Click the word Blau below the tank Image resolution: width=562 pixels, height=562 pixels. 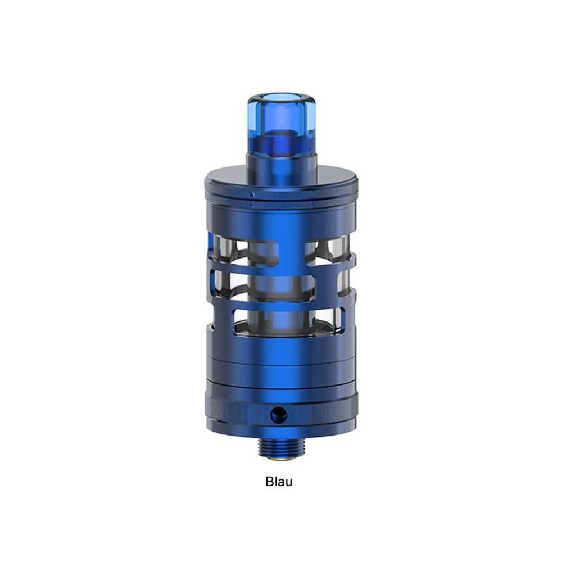pos(279,482)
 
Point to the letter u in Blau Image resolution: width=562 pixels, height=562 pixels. pos(289,483)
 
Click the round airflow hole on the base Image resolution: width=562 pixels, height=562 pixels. pos(279,415)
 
